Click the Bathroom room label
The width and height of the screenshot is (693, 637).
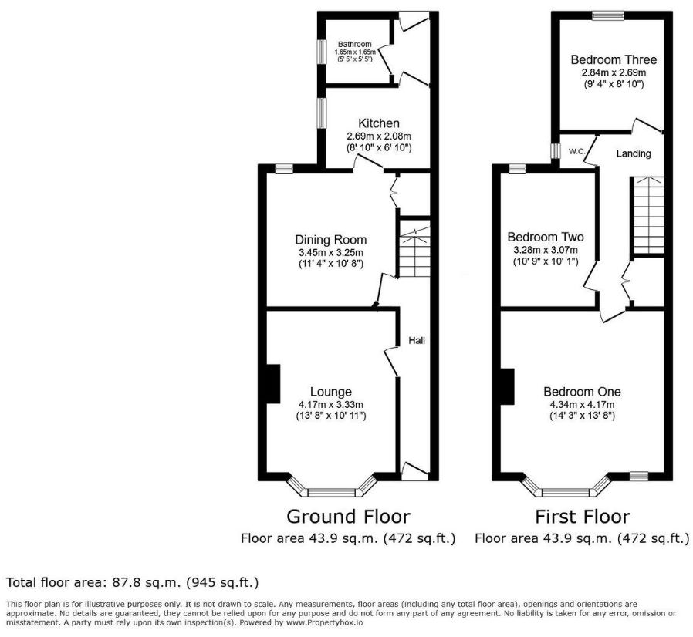coord(354,44)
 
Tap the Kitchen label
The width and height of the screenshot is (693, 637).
coord(379,123)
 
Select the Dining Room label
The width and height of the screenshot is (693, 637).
coord(331,240)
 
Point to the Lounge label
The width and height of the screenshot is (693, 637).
coord(331,392)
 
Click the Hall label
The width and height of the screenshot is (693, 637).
coord(417,340)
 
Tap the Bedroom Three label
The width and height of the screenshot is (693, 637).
coord(614,59)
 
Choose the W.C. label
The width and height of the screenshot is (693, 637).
coord(576,152)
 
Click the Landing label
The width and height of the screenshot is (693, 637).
coord(634,153)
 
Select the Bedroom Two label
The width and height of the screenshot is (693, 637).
coord(546,238)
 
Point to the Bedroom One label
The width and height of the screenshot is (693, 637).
coord(582,392)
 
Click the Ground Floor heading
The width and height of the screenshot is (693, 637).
coord(348,517)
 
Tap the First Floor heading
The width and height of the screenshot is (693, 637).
coord(583,517)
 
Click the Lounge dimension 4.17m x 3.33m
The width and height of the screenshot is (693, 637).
coord(331,404)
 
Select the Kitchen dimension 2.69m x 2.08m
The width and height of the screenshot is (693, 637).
coord(379,136)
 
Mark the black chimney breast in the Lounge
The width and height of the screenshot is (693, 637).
coord(274,384)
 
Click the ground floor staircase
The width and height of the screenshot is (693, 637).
coord(414,252)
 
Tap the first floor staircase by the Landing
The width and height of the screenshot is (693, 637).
coord(647,216)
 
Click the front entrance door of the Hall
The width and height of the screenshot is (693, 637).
coord(415,472)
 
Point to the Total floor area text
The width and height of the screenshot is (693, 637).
coord(132,583)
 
